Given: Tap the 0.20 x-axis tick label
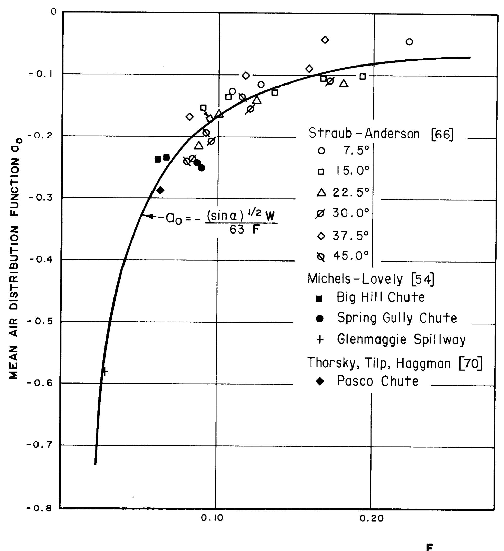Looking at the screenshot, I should click(371, 518).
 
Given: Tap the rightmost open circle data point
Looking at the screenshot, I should click(409, 42).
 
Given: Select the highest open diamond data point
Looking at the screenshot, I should click(325, 40).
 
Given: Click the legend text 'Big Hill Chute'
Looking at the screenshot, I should click(380, 297).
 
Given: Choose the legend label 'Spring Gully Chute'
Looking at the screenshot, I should click(397, 318).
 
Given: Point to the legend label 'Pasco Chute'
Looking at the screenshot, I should click(377, 381).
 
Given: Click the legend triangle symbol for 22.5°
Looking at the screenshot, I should click(321, 193).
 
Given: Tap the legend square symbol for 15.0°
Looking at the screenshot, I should click(321, 172).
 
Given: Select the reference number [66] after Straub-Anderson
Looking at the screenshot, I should click(442, 134).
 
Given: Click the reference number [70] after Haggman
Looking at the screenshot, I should click(471, 363).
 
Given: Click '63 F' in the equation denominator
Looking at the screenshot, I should click(244, 230).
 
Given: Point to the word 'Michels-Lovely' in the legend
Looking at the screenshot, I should click(355, 279).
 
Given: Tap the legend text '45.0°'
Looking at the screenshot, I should click(351, 256).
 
